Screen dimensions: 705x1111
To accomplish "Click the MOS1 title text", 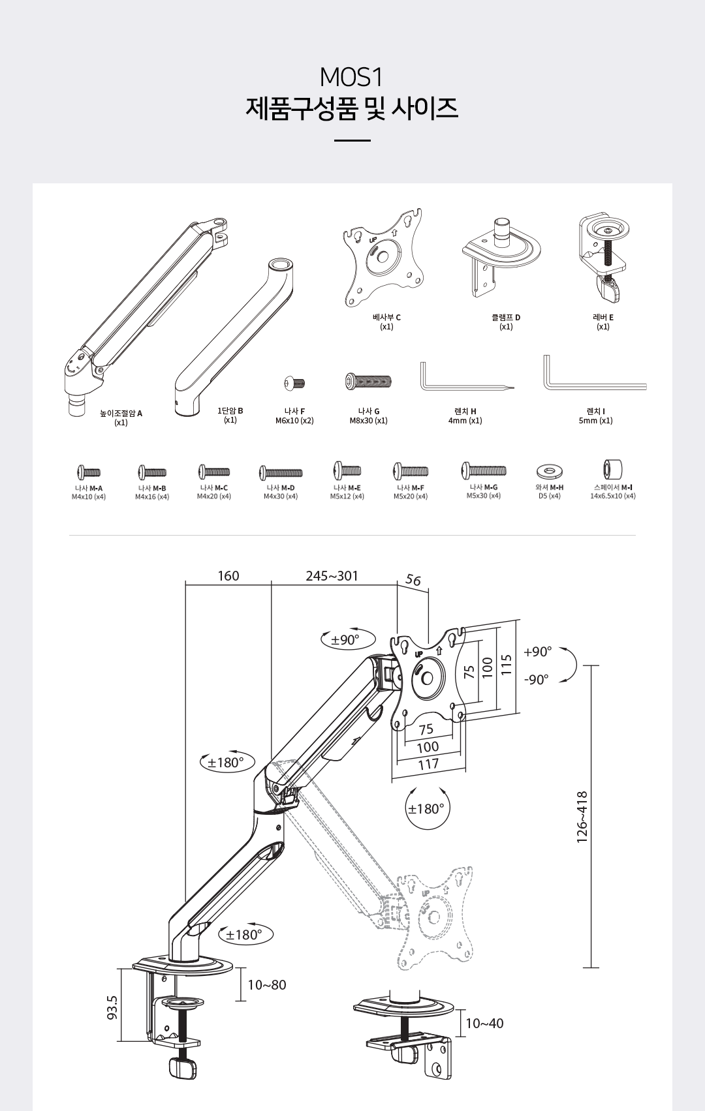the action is [352, 78].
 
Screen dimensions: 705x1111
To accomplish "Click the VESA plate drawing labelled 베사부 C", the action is [384, 258].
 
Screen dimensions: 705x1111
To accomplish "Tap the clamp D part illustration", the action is [501, 257].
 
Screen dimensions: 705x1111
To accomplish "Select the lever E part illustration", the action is [604, 258].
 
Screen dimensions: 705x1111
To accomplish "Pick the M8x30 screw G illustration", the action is [368, 381].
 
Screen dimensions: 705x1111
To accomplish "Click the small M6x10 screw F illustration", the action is [294, 383].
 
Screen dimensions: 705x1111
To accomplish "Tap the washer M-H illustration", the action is [549, 470].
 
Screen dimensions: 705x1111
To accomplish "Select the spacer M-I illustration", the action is [613, 469].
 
